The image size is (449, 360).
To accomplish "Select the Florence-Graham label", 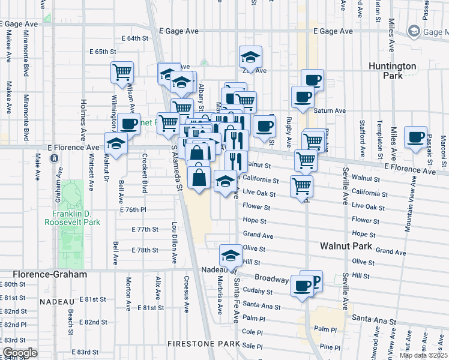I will [x=43, y=274].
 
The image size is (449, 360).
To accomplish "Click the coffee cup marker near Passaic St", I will [x=415, y=137].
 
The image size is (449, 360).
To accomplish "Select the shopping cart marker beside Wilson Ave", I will [x=122, y=72].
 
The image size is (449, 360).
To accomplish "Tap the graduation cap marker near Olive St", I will [x=230, y=255].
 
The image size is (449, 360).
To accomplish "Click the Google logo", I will [x=20, y=353].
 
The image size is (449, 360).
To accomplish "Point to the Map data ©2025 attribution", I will [x=424, y=355].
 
